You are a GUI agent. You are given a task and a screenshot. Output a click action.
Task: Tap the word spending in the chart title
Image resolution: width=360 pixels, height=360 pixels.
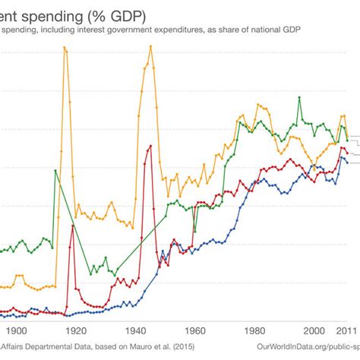click(x=46, y=15)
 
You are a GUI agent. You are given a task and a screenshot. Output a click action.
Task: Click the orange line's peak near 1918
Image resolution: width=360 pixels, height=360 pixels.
click(x=65, y=48)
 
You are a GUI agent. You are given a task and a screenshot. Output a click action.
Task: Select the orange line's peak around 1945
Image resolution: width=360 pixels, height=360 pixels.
click(x=151, y=46)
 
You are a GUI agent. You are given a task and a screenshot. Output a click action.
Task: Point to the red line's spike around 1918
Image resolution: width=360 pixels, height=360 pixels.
click(x=72, y=225)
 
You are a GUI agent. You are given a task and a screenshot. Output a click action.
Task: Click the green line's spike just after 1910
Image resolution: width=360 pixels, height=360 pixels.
click(x=55, y=170)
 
